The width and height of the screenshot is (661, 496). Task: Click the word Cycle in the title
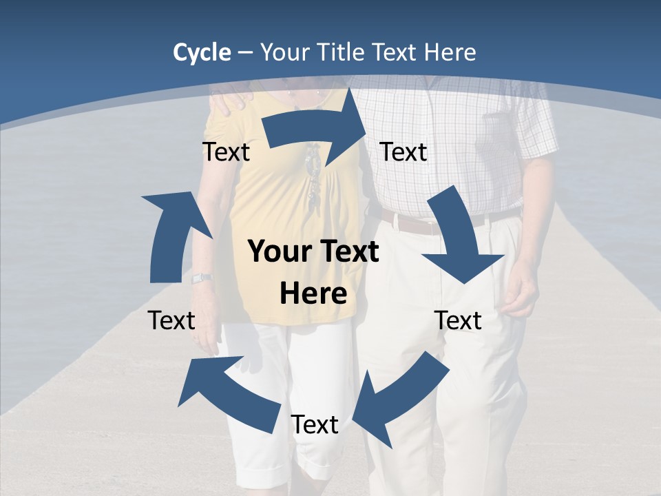pyautogui.click(x=202, y=52)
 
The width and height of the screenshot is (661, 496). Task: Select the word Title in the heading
pyautogui.click(x=340, y=52)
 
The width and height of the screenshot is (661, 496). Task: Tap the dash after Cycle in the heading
pyautogui.click(x=245, y=53)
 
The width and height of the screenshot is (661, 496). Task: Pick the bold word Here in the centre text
pyautogui.click(x=313, y=294)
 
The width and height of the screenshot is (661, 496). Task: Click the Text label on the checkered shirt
pyautogui.click(x=403, y=152)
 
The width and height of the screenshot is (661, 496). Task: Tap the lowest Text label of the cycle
pyautogui.click(x=315, y=425)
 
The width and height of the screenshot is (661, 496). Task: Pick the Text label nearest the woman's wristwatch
pyautogui.click(x=171, y=320)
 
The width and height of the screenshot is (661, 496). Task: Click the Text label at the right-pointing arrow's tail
pyautogui.click(x=226, y=152)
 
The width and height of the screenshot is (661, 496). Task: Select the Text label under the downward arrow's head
pyautogui.click(x=459, y=320)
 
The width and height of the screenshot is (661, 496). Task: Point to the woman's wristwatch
pyautogui.click(x=202, y=278)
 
